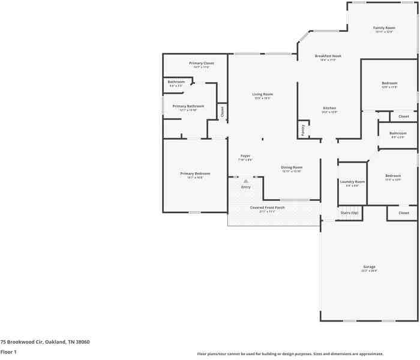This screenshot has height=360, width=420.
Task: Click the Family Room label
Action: [384, 28]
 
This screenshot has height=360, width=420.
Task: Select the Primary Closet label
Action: [201, 63]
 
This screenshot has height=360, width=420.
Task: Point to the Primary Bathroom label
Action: [188, 106]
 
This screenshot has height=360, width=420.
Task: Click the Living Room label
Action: [262, 94]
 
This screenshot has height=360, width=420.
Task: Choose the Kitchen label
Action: [329, 108]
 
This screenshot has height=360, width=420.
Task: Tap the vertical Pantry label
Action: [302, 129]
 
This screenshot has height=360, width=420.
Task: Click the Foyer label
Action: [245, 155]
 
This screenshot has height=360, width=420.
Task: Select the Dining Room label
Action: [292, 167]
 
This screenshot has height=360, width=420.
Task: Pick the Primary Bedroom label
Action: [195, 173]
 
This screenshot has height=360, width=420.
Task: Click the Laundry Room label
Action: [352, 182]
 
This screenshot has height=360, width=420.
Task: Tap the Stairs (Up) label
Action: [349, 213]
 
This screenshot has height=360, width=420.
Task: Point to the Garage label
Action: [369, 266]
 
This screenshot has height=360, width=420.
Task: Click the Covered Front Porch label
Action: [267, 208]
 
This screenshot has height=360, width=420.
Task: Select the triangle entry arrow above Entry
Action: [245, 181]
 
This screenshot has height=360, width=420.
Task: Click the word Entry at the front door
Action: [245, 187]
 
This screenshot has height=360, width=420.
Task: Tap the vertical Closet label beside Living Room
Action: [222, 111]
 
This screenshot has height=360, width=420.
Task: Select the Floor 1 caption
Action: [8, 352]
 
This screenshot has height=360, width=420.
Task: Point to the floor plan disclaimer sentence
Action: [290, 354]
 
